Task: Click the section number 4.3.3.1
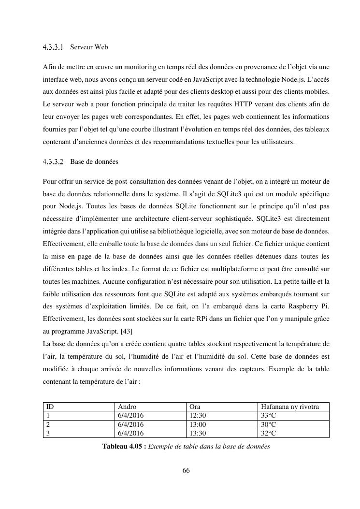pos(53,47)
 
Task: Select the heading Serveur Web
pos(89,47)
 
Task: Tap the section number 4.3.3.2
pos(53,161)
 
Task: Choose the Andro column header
pos(127,407)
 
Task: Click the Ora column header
pos(195,407)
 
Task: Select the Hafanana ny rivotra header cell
pos(289,407)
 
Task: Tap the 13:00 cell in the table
pos(198,424)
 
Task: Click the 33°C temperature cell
pos(268,416)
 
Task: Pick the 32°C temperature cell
pos(268,433)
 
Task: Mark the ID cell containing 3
pos(47,433)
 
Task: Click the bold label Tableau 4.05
pos(124,447)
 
